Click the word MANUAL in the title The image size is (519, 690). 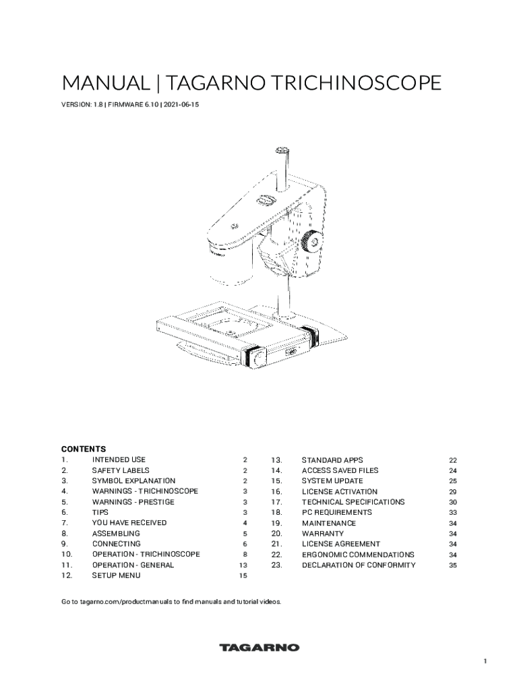(x=105, y=83)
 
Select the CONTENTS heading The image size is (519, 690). (x=84, y=449)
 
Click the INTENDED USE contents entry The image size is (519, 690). (x=119, y=460)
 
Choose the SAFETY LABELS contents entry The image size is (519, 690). (x=121, y=470)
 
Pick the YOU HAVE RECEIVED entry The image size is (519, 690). (x=129, y=523)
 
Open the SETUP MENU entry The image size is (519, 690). (x=116, y=575)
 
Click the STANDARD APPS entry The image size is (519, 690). (x=332, y=460)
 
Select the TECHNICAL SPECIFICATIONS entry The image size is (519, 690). (x=353, y=502)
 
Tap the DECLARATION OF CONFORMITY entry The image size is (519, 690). (x=359, y=565)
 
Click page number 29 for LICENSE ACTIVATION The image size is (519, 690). (x=453, y=492)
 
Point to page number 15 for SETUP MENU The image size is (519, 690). (x=243, y=575)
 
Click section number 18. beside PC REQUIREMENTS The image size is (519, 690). (x=276, y=512)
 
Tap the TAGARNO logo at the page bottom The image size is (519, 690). (x=259, y=648)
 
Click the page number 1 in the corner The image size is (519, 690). (x=485, y=662)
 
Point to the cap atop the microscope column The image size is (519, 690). (x=282, y=151)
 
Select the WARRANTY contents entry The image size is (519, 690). (x=323, y=534)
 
